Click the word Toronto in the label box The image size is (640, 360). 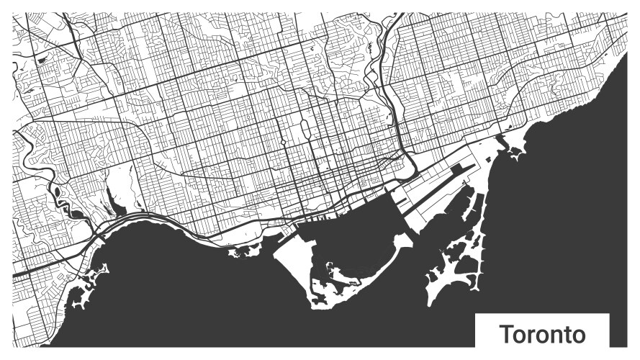[x=542, y=335]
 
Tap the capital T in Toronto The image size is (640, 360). [x=506, y=335]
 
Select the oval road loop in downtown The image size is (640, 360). [x=305, y=130]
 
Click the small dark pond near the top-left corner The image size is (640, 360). [x=42, y=60]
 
